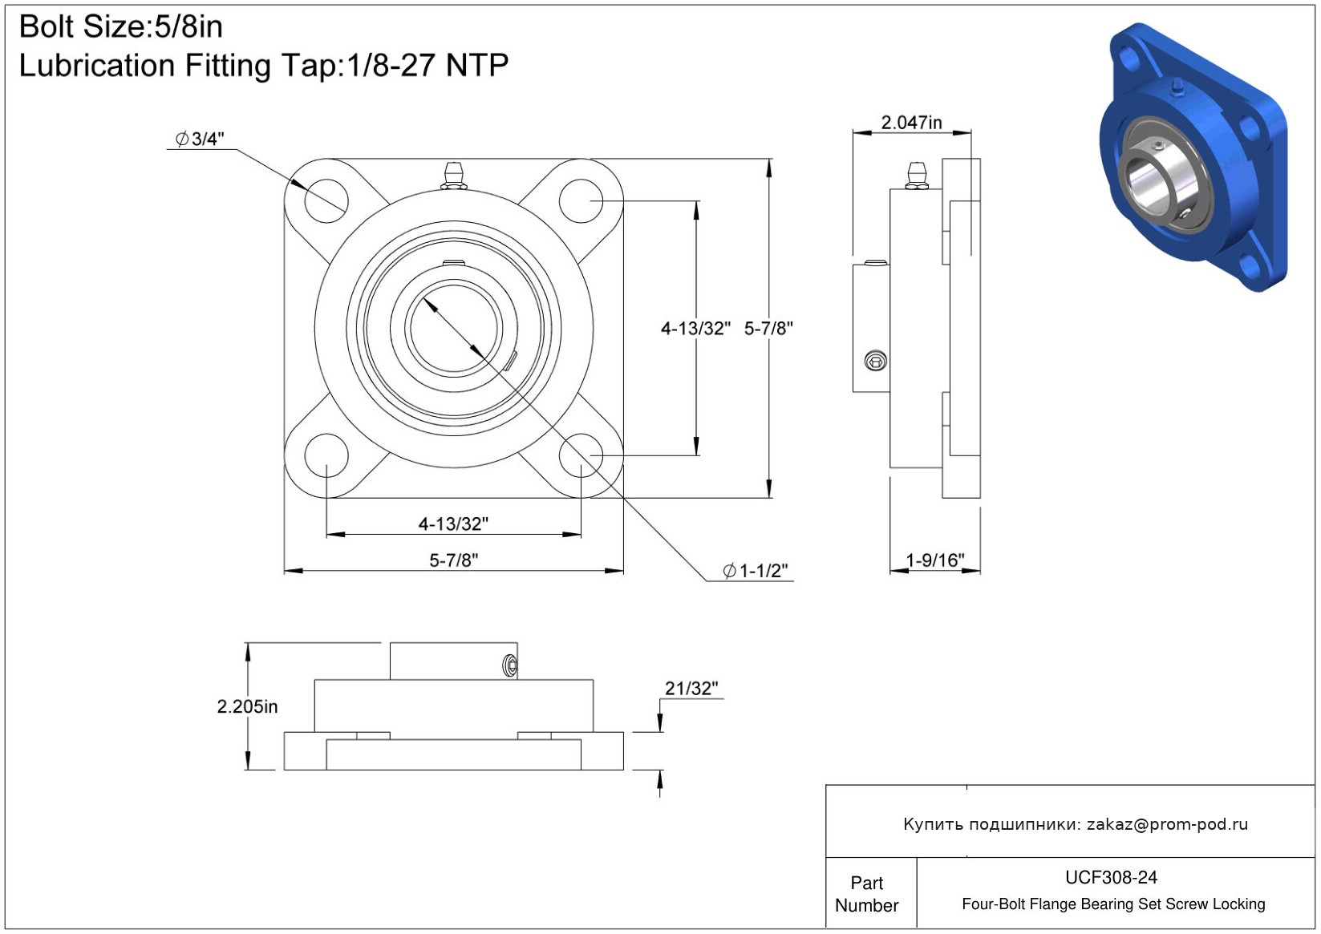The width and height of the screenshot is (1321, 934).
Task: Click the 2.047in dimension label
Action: click(x=911, y=123)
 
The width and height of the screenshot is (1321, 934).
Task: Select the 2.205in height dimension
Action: click(x=247, y=706)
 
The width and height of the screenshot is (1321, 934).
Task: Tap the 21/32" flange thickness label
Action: click(x=691, y=688)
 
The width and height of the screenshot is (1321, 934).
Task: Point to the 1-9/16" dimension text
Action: click(x=934, y=560)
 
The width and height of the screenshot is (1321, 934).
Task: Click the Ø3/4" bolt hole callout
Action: click(x=200, y=139)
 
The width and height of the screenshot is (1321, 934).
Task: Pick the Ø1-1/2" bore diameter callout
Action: click(x=756, y=571)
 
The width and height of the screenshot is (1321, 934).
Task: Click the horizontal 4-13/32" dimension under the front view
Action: click(x=453, y=524)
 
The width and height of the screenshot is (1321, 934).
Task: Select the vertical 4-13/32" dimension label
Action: click(x=695, y=329)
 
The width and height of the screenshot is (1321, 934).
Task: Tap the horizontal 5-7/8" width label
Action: click(x=453, y=560)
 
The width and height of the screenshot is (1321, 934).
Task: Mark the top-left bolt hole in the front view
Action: click(x=326, y=201)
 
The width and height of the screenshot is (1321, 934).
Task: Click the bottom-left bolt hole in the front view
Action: click(x=326, y=456)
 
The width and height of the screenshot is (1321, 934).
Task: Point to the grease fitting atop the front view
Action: click(x=453, y=176)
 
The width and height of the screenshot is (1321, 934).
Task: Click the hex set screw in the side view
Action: click(x=875, y=360)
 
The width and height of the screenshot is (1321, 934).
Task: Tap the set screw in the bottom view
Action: click(x=511, y=665)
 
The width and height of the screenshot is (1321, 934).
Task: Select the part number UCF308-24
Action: click(x=1111, y=877)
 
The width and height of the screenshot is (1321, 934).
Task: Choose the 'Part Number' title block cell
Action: click(x=866, y=894)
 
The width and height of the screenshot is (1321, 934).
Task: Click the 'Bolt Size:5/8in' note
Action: click(x=121, y=27)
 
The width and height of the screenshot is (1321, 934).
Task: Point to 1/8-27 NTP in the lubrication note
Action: click(x=428, y=65)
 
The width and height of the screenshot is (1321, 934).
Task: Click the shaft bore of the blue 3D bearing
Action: click(x=1149, y=184)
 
